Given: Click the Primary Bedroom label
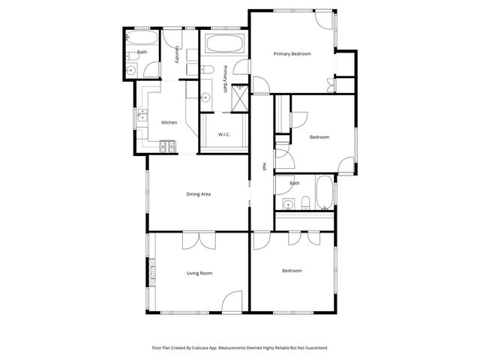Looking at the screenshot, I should coord(292,54).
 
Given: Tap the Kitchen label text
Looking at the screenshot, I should coord(169,122).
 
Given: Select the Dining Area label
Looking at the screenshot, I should coord(199,194).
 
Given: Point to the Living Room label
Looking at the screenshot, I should coord(199,273).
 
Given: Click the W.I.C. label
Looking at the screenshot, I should coord(223,134).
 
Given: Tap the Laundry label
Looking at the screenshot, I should coord(177,56).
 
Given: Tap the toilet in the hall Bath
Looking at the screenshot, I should coord(305,203).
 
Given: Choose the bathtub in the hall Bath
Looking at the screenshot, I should coord(323,193).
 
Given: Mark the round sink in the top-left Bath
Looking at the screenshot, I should coord(132,70).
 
